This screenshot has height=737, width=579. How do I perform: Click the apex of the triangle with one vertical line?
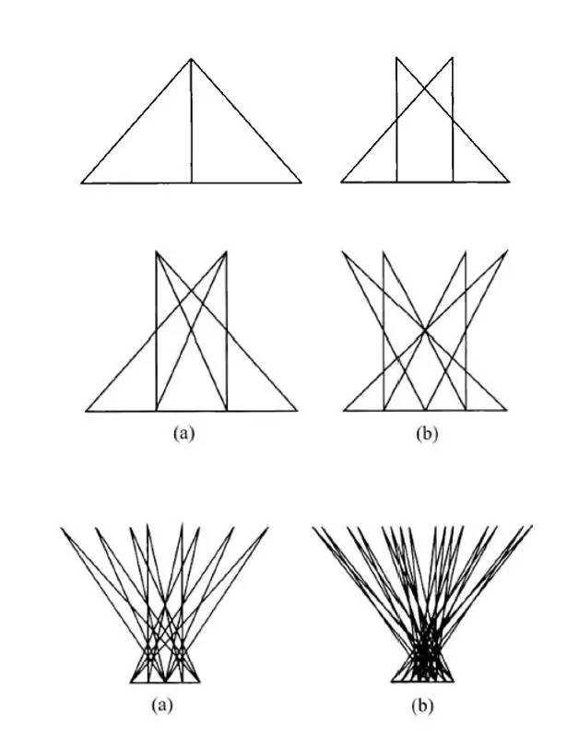(x=191, y=59)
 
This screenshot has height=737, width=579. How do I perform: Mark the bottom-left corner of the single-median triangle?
(x=81, y=182)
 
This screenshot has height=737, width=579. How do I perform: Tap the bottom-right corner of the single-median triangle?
(x=301, y=181)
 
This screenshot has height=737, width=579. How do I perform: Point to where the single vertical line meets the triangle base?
(x=192, y=182)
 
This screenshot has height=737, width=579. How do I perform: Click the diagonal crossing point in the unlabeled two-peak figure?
(x=425, y=88)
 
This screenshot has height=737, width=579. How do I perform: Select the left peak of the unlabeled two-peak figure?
(x=396, y=57)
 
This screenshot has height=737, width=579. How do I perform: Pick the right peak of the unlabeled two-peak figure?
(x=453, y=57)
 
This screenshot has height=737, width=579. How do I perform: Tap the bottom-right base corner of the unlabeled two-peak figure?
(x=509, y=181)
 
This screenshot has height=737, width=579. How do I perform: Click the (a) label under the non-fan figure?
(x=183, y=433)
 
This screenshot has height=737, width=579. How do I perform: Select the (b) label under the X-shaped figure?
(x=427, y=433)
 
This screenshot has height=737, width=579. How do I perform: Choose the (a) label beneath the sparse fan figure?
(x=162, y=705)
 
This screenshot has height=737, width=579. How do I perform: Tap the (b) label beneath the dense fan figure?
(x=422, y=706)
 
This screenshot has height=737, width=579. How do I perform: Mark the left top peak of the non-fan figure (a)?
(x=156, y=252)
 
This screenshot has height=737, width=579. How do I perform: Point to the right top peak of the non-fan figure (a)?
(x=226, y=252)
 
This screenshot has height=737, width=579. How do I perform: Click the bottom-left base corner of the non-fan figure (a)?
(x=86, y=411)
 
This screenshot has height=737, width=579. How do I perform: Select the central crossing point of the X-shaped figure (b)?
(x=425, y=331)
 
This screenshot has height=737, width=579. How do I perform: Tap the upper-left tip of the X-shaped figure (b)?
(x=342, y=252)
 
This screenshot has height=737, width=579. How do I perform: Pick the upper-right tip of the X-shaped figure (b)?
(x=507, y=251)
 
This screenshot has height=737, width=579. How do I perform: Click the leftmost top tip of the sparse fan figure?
(x=61, y=528)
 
